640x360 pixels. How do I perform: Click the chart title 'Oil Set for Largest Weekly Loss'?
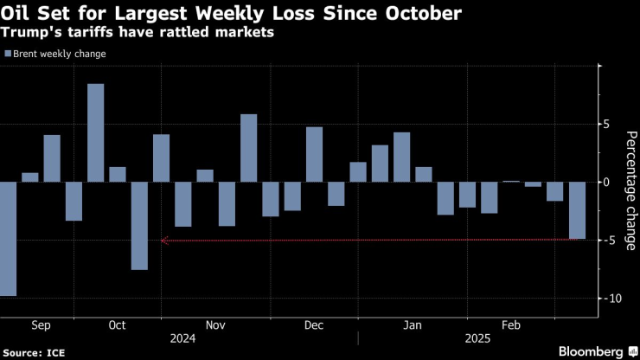[x=232, y=15]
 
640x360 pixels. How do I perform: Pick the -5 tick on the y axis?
[x=610, y=241]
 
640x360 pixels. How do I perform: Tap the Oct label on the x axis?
[x=117, y=325]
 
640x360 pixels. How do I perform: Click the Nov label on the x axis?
[x=215, y=325]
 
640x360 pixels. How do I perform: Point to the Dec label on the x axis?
[x=313, y=325]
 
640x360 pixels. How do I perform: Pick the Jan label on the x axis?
[x=412, y=325]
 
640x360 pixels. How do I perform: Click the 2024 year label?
[x=183, y=339]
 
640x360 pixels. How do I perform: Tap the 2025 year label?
[x=477, y=339]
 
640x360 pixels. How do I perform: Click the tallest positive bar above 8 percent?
[x=95, y=132]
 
